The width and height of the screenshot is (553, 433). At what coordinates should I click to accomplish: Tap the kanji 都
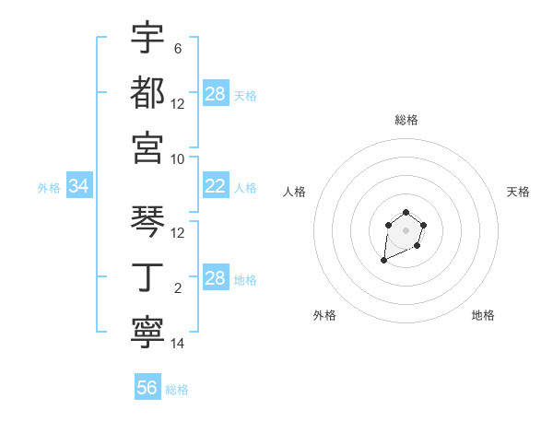click(147, 92)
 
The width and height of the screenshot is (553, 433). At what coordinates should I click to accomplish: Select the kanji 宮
click(147, 147)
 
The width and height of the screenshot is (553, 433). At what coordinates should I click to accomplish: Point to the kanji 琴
click(147, 221)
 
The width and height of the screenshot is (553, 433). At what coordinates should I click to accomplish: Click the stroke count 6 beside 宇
click(178, 48)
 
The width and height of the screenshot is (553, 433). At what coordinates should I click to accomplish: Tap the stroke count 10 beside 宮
click(178, 158)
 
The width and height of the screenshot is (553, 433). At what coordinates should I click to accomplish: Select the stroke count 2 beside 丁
click(178, 288)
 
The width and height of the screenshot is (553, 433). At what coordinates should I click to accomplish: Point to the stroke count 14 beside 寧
click(178, 344)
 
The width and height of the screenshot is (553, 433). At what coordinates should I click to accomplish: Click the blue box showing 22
click(216, 186)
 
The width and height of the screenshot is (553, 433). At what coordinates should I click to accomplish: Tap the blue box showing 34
click(78, 186)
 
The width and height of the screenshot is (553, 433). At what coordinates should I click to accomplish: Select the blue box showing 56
click(147, 388)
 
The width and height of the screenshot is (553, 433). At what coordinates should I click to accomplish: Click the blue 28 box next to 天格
click(216, 94)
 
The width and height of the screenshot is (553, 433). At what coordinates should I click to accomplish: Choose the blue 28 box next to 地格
click(216, 278)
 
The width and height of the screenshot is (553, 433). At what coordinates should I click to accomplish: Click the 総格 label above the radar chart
click(406, 120)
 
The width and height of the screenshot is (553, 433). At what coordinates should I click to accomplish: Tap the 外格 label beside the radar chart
click(324, 315)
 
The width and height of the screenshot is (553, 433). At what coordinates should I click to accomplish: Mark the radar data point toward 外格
click(383, 261)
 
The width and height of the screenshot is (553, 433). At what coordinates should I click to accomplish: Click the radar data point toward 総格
click(406, 213)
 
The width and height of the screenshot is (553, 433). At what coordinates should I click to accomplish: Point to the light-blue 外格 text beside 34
click(49, 187)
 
